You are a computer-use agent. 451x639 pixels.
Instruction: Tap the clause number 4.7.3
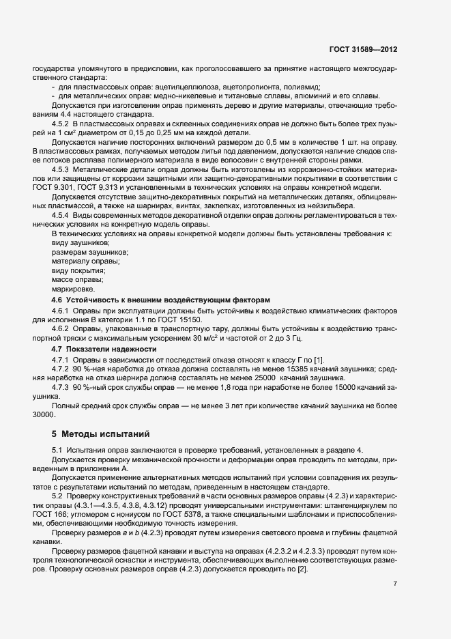point(63,388)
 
